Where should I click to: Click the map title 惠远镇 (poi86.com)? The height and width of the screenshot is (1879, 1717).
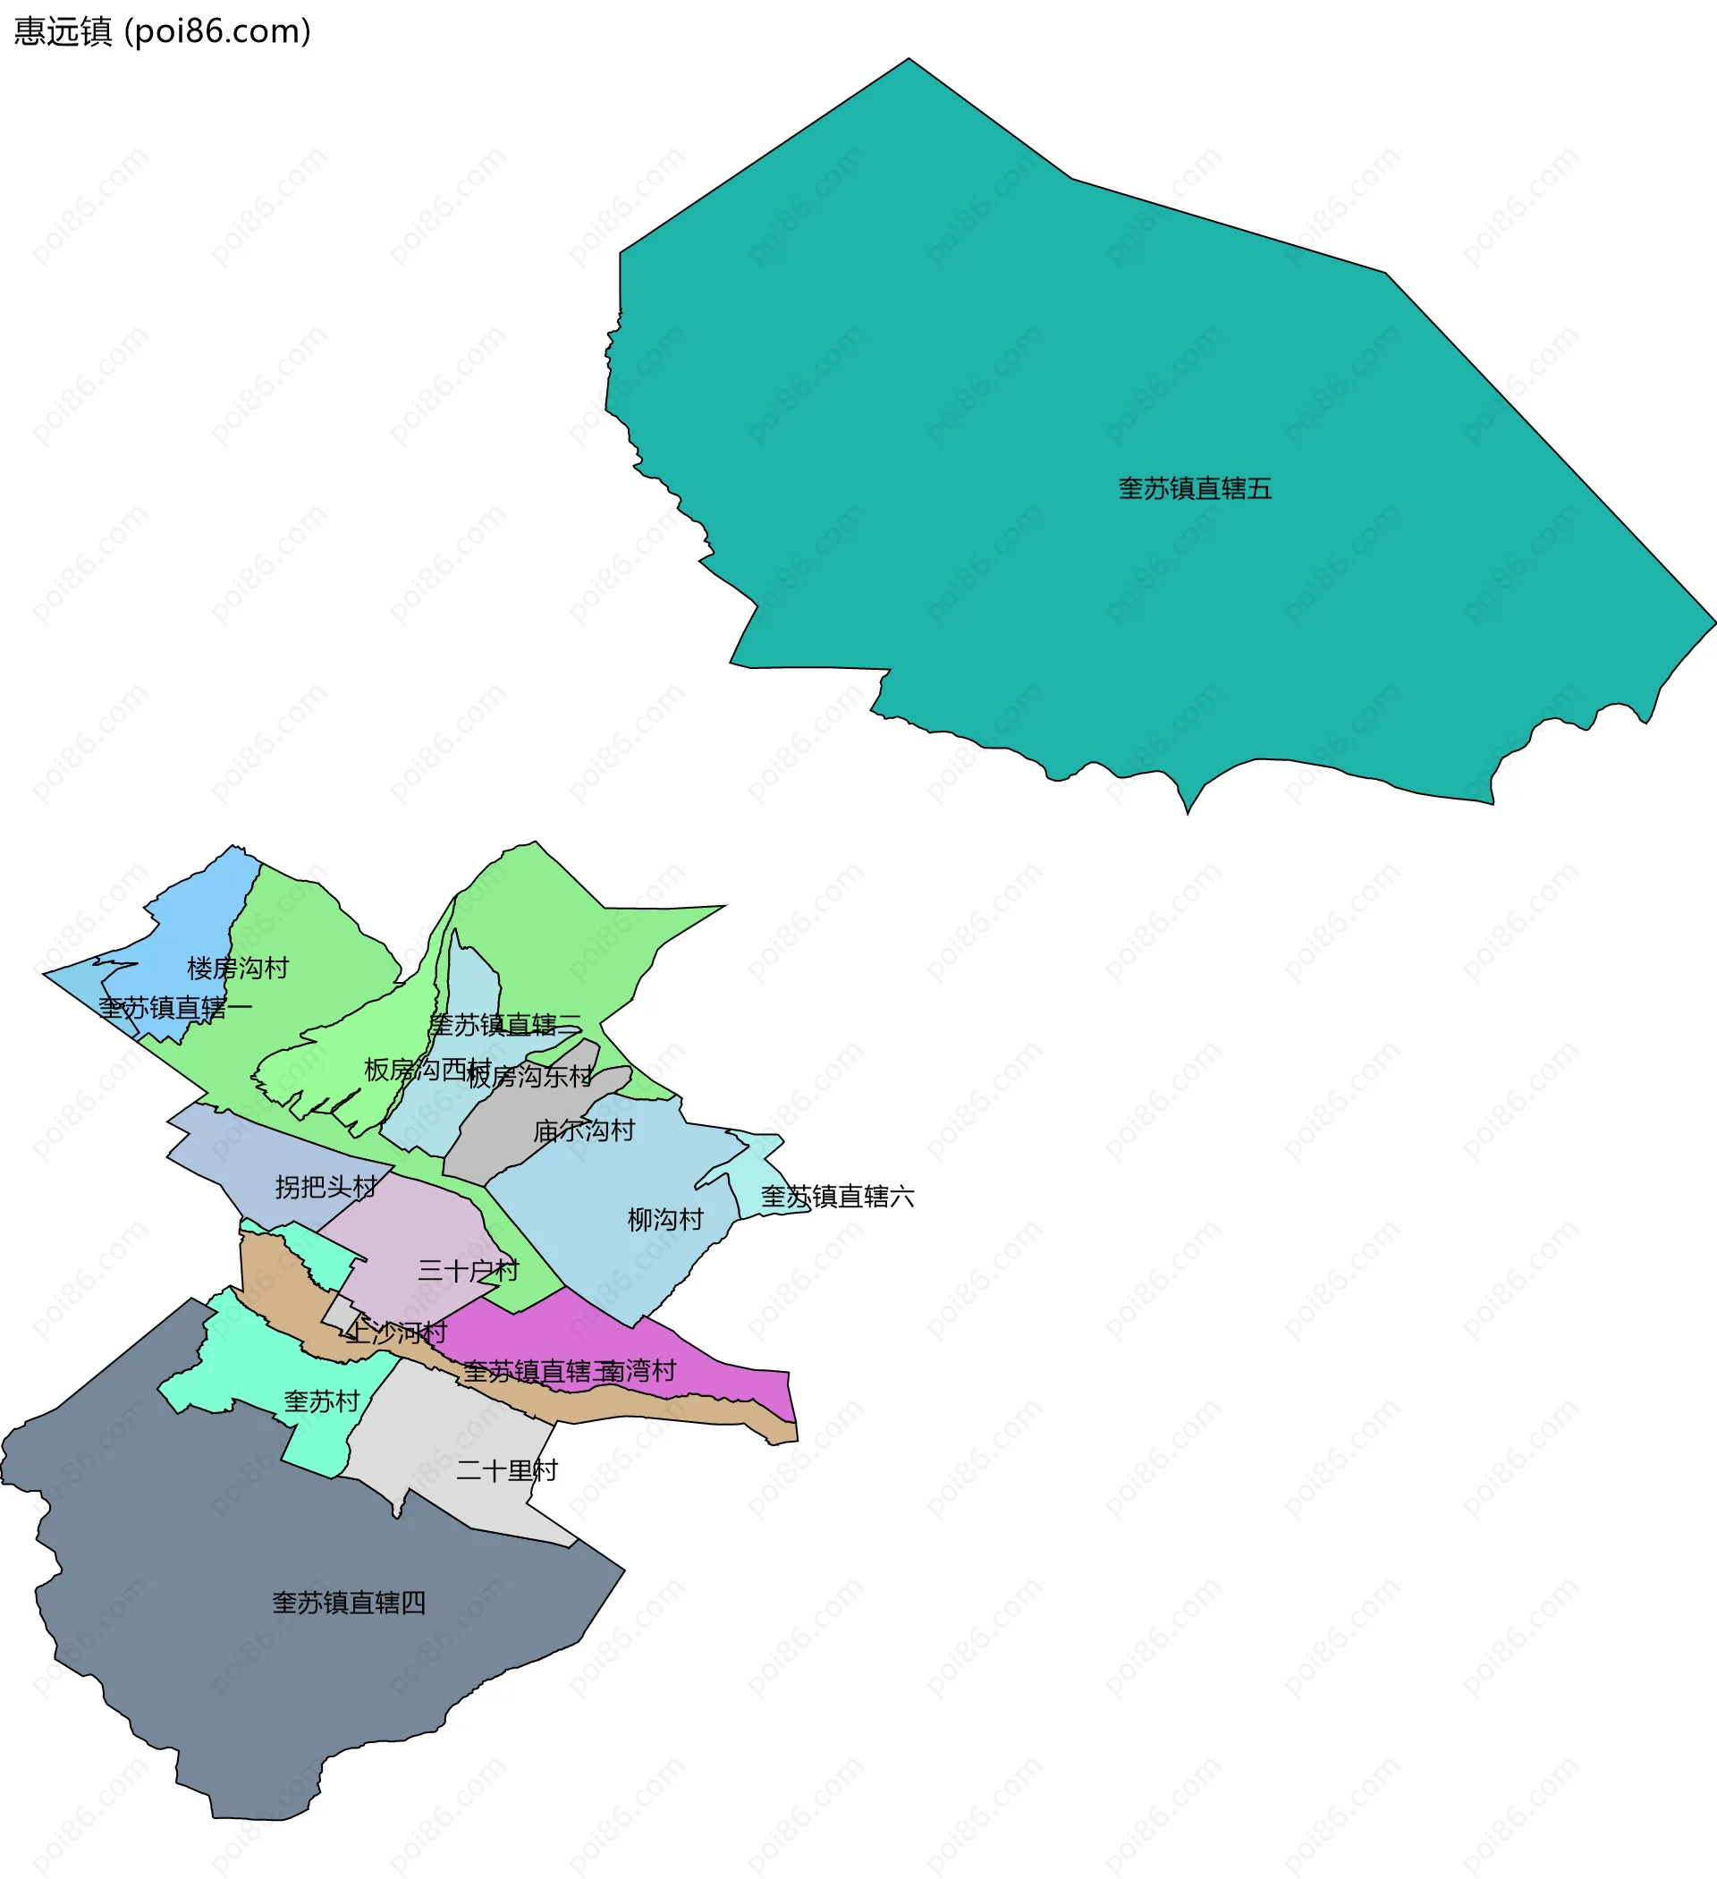[162, 31]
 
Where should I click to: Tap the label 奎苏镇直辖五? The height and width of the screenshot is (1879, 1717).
[1194, 488]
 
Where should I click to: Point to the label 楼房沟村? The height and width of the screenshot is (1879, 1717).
[238, 968]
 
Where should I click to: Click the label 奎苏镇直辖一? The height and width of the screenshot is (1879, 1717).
[175, 1008]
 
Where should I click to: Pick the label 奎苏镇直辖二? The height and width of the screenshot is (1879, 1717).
[504, 1025]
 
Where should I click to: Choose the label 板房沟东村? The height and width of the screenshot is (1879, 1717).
[529, 1077]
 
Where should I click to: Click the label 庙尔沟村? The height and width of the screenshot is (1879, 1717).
[584, 1130]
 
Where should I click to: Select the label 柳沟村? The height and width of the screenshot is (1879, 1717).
[664, 1219]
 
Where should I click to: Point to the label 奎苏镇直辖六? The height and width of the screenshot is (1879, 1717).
[837, 1196]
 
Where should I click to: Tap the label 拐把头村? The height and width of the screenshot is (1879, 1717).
[326, 1187]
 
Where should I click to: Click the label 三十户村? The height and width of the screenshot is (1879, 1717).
[467, 1270]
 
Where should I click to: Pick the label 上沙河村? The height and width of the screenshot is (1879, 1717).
[395, 1332]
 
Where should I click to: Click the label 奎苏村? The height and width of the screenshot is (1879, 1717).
[322, 1401]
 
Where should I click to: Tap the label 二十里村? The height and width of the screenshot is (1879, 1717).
[506, 1471]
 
